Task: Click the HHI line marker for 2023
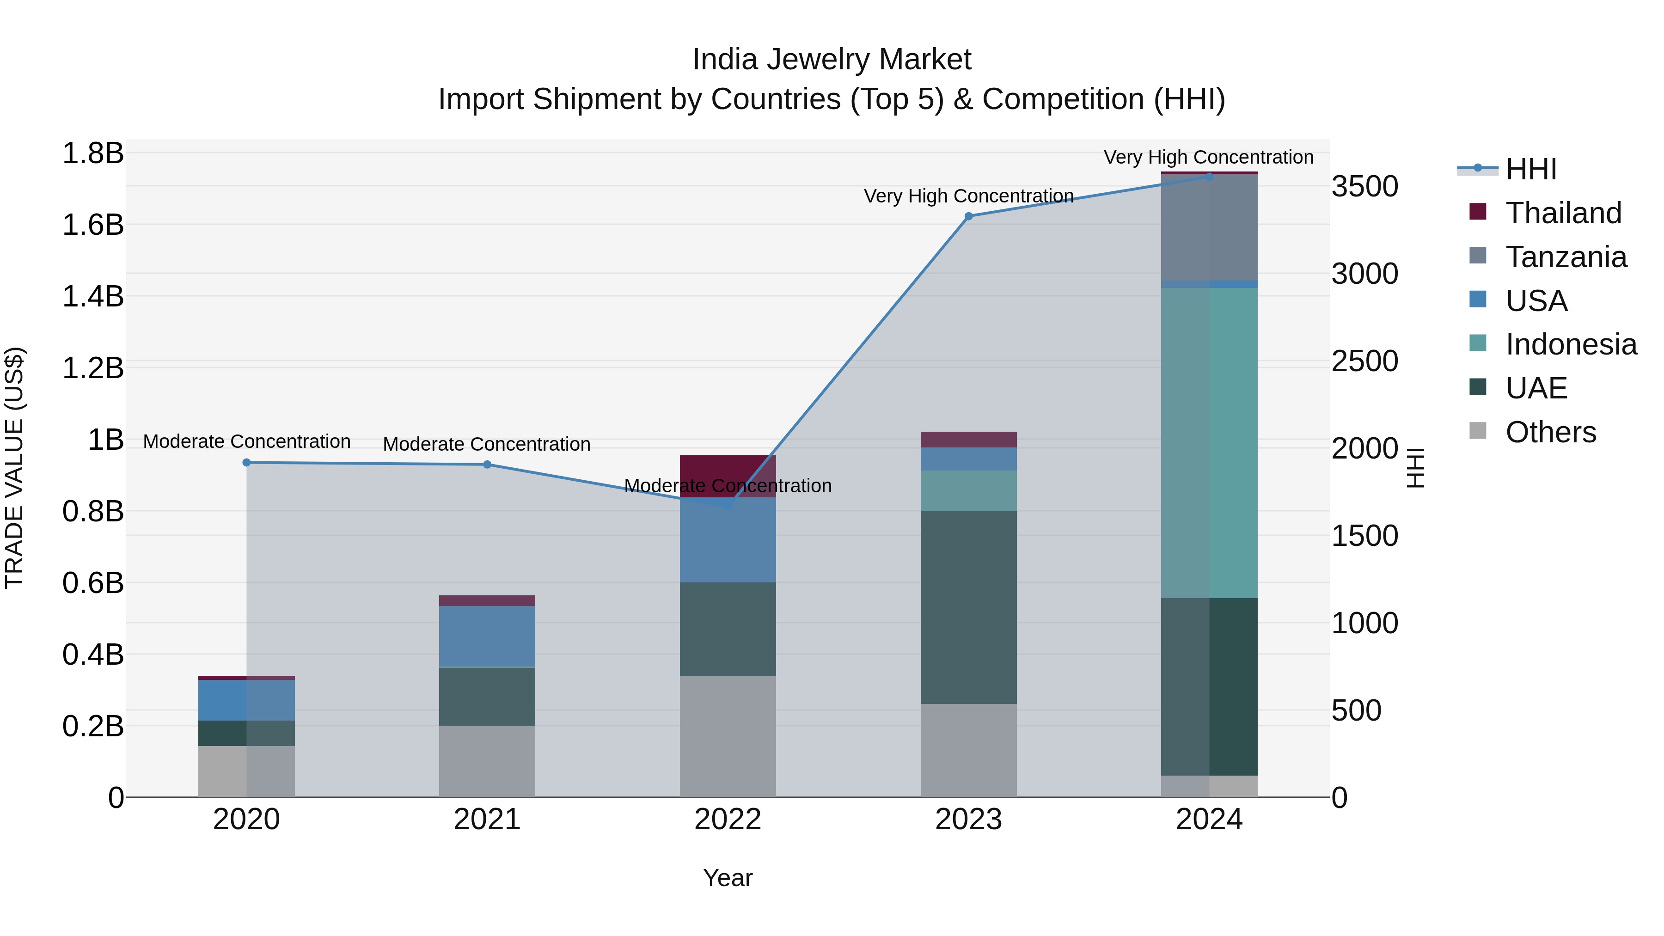[968, 216]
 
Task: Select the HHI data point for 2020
[246, 463]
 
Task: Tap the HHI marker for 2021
[487, 465]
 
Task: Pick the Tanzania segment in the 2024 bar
[1209, 227]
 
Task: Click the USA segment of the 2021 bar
[487, 636]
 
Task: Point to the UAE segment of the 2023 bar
[968, 607]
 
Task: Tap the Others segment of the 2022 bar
[728, 736]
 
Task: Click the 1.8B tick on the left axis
[92, 154]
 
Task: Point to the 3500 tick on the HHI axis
[1365, 187]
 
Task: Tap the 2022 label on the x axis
[728, 820]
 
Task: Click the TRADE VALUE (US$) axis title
[14, 468]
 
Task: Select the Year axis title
[728, 878]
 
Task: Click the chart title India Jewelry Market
[832, 60]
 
